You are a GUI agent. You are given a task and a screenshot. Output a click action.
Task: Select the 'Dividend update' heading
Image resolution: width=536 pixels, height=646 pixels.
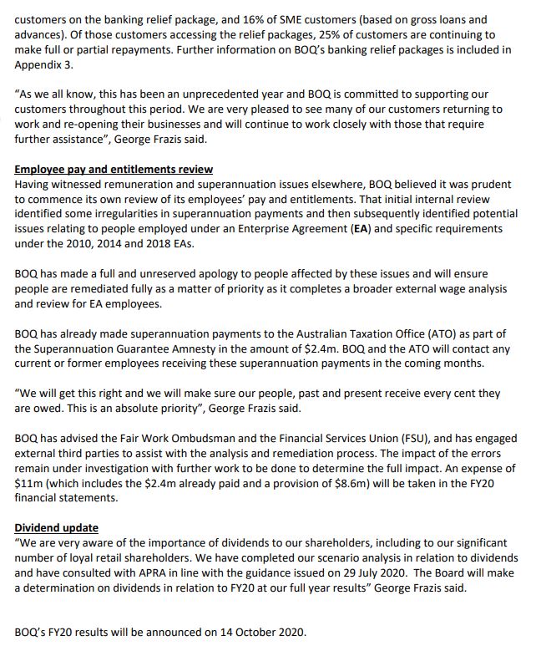56,528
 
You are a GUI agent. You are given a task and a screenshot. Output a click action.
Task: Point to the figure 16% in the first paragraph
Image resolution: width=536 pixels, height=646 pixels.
227,20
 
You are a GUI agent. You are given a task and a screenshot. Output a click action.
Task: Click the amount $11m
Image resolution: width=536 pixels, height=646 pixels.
28,484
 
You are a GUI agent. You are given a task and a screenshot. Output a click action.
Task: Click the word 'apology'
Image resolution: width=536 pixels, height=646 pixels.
210,275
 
